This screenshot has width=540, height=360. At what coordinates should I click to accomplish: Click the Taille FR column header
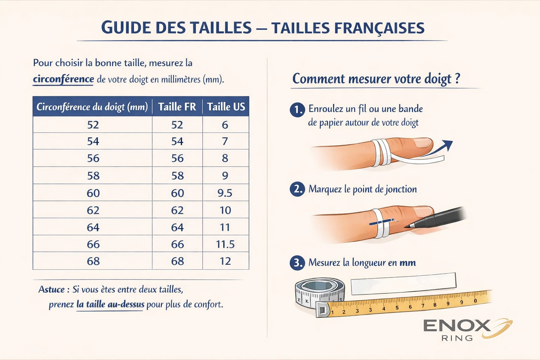coord(177,107)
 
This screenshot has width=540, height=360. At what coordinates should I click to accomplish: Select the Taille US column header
coord(226,107)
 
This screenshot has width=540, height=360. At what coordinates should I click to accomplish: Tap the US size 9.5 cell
coord(225,193)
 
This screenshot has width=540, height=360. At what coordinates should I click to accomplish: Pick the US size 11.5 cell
coord(225,244)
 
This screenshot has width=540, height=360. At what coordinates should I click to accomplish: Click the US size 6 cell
coord(225,125)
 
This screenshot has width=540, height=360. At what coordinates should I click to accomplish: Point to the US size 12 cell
coord(225,261)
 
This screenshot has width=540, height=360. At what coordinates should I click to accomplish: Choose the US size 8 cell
coord(225,158)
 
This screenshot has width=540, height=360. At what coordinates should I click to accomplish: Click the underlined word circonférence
coord(63,79)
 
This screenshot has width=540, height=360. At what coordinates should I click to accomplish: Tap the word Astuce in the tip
coord(52,289)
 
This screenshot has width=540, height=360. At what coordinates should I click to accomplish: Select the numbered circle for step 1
coord(297,110)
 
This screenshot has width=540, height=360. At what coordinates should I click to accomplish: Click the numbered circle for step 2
coord(297,189)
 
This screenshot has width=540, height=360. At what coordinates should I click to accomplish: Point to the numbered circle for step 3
coord(297,263)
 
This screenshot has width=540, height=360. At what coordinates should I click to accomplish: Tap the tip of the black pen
coord(405,227)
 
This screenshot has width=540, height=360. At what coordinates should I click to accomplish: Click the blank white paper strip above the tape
coord(404,284)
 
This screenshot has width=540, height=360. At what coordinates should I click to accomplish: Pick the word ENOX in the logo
coord(457,326)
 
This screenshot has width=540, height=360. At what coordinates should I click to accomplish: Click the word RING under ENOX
coord(457,338)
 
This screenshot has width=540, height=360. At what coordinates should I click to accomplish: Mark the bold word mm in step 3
coord(408,263)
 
